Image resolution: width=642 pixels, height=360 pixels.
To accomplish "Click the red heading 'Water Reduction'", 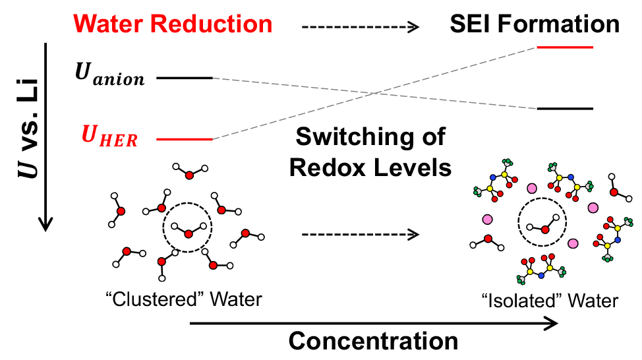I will pos(173,24).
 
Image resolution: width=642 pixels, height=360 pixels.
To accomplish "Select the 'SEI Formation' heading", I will pos(535,24).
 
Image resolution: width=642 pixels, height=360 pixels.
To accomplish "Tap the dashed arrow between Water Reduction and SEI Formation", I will pos(361,27).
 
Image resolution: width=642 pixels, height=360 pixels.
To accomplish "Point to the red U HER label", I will pos(109,138).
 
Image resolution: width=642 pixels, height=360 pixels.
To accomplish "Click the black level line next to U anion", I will pos(185,78).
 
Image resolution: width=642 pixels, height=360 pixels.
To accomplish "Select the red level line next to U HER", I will pos(185,139).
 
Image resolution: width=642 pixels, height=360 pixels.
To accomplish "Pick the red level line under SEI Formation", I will pos(566,47).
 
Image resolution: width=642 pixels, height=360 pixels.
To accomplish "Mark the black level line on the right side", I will pos(566,108).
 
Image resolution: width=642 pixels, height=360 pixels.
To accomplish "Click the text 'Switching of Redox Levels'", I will pos(370,152).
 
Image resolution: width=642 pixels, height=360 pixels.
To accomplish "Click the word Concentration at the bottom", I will pos(373,341).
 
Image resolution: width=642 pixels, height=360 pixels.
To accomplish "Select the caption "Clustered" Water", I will pos(184,299).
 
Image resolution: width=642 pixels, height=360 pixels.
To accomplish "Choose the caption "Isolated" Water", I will pos(548,301).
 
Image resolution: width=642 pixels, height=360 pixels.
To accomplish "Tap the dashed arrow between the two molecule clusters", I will pos(361,233).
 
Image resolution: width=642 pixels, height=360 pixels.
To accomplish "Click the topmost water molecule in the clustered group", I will pos(189,173).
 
